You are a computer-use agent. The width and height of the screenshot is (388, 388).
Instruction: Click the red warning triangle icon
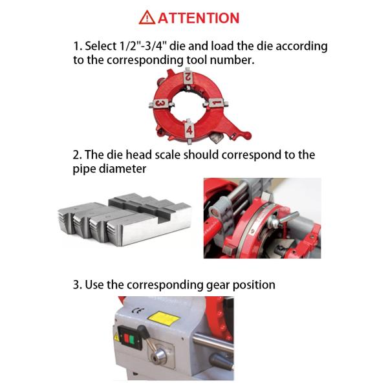coord(147,17)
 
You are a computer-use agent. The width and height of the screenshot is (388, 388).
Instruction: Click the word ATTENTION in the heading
coord(199,18)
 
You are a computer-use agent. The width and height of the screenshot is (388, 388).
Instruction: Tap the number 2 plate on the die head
coord(188,77)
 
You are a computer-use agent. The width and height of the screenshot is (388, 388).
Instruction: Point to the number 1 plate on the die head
coord(217,102)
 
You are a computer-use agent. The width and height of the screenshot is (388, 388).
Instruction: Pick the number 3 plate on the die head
coord(160,103)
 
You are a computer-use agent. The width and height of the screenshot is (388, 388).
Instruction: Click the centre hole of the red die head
coord(189,104)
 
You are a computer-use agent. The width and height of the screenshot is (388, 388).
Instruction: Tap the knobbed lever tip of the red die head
coord(246,135)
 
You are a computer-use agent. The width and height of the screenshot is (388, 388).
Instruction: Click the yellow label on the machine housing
coord(164,318)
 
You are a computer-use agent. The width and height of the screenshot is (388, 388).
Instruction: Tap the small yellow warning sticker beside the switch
coord(116,338)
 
